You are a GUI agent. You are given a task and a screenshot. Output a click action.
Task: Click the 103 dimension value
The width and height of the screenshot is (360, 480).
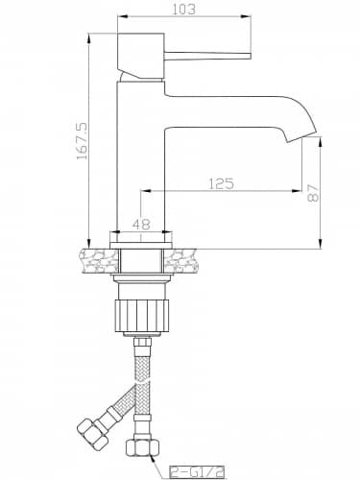[x=183, y=9]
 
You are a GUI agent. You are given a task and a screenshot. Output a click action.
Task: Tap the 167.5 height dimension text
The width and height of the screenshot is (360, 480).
[x=82, y=141]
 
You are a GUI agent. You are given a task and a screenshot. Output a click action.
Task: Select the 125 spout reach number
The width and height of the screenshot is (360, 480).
[x=221, y=183]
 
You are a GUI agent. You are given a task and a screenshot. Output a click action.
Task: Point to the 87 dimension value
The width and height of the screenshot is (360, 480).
[x=313, y=192]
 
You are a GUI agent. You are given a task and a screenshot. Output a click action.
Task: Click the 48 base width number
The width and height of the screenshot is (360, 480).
[x=141, y=224]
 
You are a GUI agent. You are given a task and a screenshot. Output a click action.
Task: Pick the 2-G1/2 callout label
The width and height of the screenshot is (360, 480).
[x=197, y=471]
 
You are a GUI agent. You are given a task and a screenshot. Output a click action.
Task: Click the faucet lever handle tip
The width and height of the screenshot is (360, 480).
[x=250, y=56]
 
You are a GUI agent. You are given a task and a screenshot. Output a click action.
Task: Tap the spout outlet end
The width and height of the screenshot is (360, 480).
[x=301, y=137]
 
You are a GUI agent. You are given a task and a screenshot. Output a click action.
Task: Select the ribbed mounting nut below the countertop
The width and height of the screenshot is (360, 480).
[x=141, y=315]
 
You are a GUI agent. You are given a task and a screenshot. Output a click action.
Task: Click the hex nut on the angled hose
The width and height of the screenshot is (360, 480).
[x=92, y=432]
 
